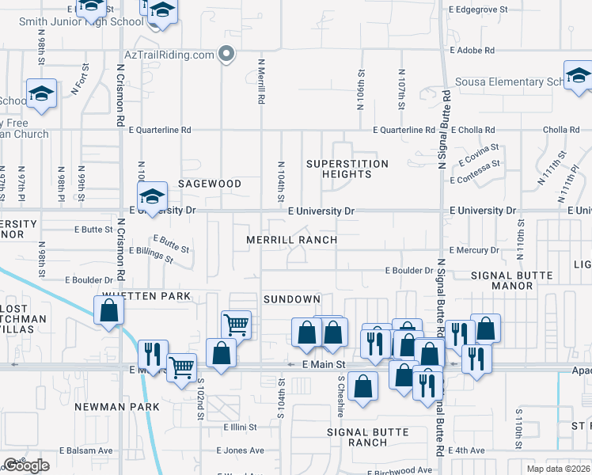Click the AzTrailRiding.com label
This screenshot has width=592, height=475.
(x=170, y=55)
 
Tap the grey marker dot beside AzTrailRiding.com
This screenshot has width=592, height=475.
(x=226, y=55)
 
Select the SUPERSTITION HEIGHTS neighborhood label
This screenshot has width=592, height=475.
(x=347, y=169)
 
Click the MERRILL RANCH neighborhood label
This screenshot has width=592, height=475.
(x=291, y=240)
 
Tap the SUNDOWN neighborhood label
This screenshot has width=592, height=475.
(x=291, y=299)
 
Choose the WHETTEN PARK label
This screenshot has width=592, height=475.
(x=146, y=296)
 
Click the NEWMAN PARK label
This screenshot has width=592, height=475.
(x=117, y=407)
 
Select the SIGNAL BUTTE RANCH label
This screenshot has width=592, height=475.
(x=369, y=437)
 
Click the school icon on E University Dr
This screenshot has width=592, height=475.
(x=151, y=196)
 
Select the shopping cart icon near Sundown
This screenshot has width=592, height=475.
(x=236, y=323)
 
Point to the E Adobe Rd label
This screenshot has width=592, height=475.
(x=472, y=50)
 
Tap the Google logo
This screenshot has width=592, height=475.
(x=26, y=466)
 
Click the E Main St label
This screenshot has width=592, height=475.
(x=325, y=364)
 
